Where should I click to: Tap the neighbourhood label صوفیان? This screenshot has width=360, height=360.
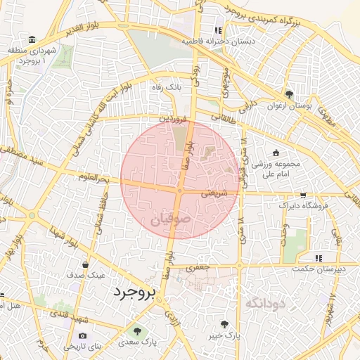[171, 220]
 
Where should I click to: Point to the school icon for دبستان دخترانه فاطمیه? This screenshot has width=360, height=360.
[218, 30]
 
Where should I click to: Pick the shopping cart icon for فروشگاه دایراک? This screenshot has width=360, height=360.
[303, 195]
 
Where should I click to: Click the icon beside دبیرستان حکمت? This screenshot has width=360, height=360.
[318, 257]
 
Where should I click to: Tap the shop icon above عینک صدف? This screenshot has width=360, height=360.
[85, 265]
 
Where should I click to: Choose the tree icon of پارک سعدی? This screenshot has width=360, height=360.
[137, 330]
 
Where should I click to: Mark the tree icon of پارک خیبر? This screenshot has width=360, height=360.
[224, 324]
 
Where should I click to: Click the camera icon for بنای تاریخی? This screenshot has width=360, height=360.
[83, 336]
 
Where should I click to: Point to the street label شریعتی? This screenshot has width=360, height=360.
[214, 191]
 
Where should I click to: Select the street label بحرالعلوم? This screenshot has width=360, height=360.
[94, 180]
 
